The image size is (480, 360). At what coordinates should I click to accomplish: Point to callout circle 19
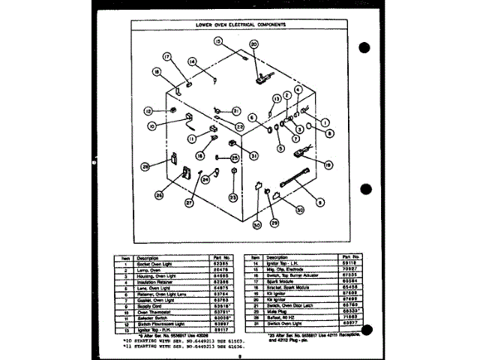point(328,164)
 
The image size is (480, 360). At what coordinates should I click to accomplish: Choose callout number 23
point(233,197)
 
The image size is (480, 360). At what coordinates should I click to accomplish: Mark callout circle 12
point(148,109)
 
